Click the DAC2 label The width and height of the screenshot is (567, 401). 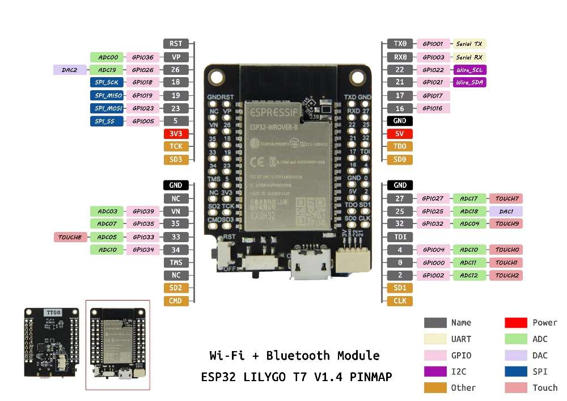[70, 70]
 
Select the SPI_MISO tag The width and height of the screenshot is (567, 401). [107, 95]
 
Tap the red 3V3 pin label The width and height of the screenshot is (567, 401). [176, 134]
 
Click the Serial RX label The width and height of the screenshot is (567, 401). [469, 57]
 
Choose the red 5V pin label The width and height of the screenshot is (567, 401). [400, 134]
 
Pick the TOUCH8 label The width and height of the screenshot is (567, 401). [70, 237]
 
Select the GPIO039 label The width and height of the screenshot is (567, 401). [142, 211]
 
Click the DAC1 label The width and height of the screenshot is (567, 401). [506, 211]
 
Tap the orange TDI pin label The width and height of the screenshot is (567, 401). [400, 237]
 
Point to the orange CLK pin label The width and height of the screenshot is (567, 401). [400, 301]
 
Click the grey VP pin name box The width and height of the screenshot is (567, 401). [176, 57]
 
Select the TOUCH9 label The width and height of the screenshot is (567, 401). [506, 224]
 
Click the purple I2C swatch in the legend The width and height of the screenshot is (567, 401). [434, 372]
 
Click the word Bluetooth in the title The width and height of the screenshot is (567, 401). [303, 356]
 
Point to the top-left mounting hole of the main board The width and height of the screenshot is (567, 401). [218, 78]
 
